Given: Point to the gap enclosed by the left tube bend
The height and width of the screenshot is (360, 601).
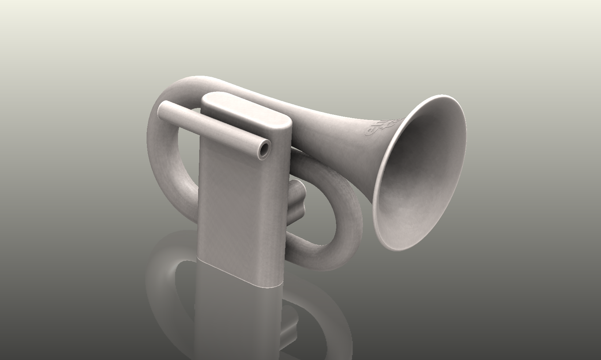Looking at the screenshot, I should [186, 154].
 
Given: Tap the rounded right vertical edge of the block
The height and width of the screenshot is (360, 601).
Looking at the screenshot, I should [287, 205].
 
